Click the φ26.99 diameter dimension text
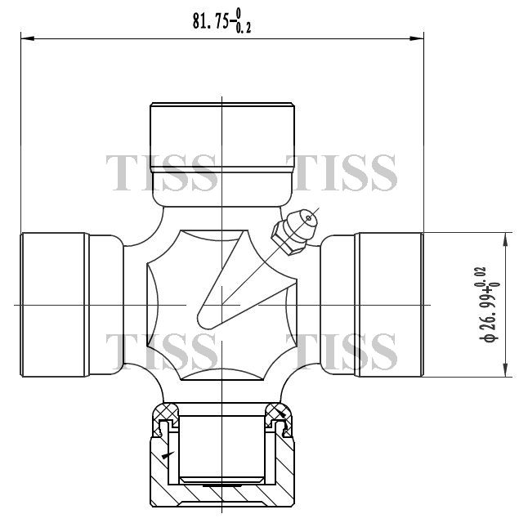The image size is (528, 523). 490,305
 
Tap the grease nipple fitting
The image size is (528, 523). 294,232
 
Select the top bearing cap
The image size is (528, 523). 222,154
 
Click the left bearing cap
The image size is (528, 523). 72,305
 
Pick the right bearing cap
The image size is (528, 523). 372,305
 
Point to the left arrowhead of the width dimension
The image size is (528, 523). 28,38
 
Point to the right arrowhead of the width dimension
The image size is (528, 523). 417,38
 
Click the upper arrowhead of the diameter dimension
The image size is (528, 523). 505,239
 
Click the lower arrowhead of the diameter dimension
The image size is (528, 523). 505,369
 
